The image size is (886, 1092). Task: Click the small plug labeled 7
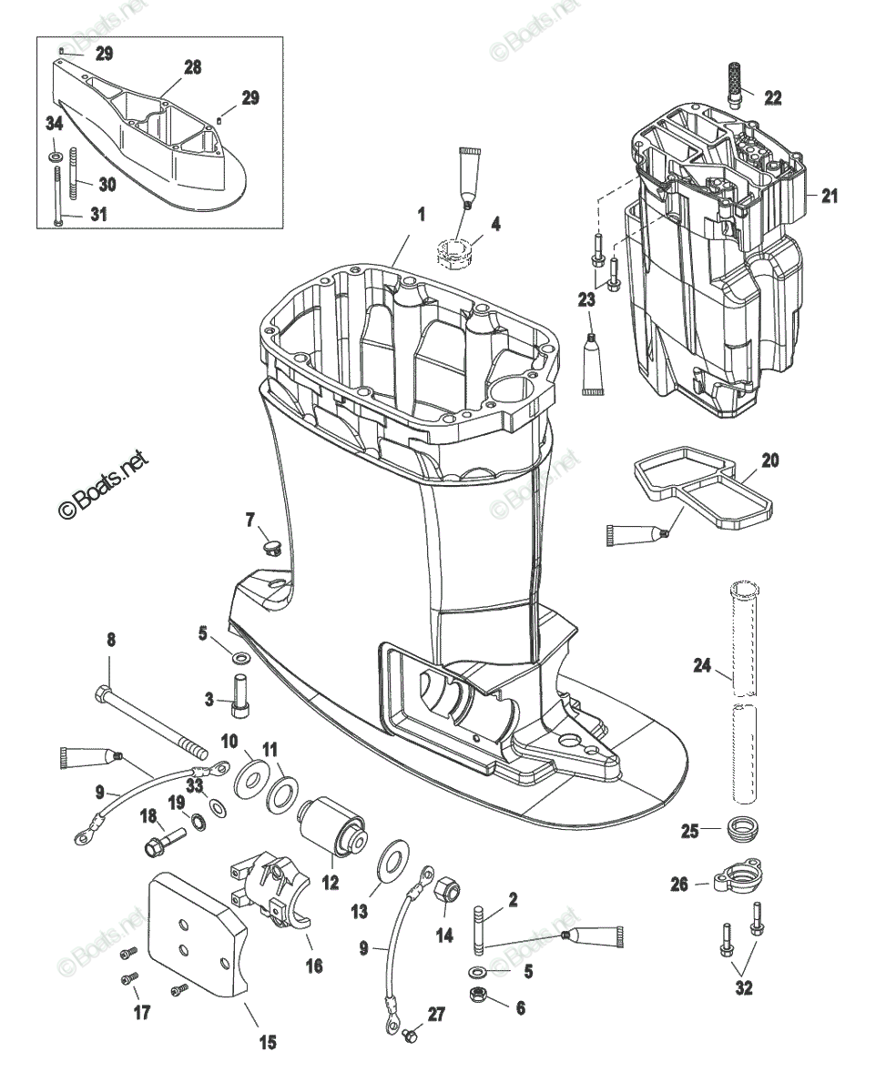click(x=270, y=547)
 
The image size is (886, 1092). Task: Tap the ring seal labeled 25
click(x=748, y=830)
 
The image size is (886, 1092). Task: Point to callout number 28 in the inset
click(x=192, y=67)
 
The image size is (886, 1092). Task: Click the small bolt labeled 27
click(x=411, y=1035)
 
